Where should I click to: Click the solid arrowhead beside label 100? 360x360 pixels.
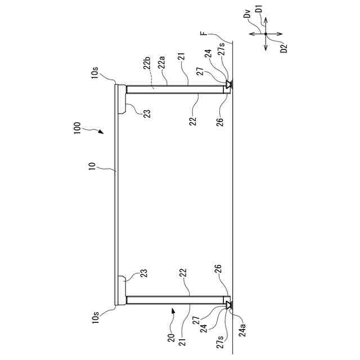tap(101, 132)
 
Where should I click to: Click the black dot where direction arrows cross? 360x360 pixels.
tap(266, 34)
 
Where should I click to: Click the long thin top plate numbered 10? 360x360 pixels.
tap(117, 191)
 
